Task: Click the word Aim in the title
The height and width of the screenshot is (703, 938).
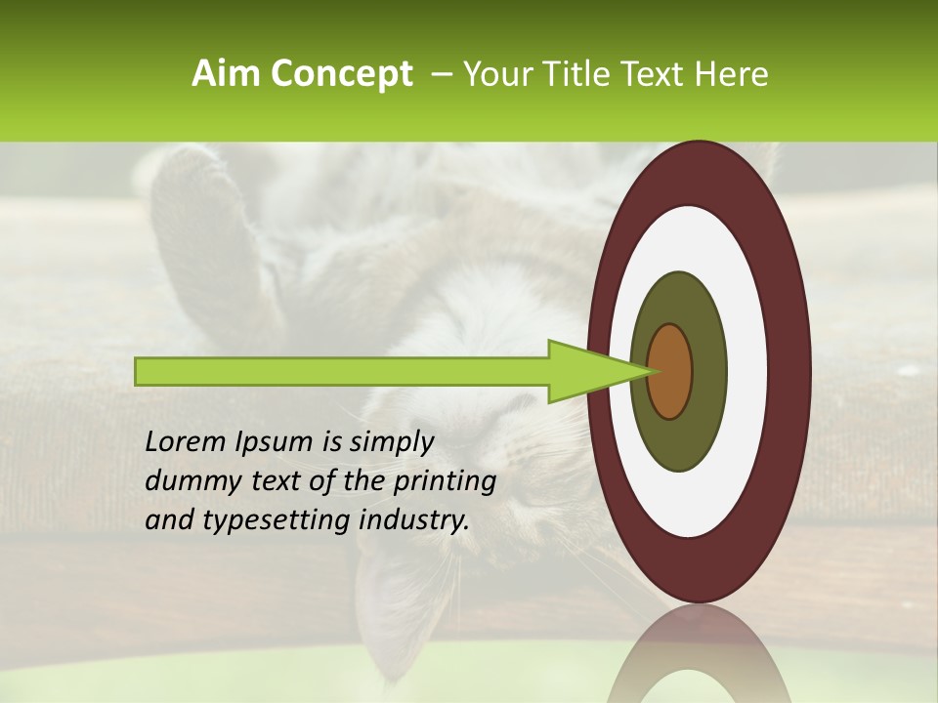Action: click(227, 74)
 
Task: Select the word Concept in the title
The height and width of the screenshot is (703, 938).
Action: click(340, 75)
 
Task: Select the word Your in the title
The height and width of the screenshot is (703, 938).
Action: click(495, 74)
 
